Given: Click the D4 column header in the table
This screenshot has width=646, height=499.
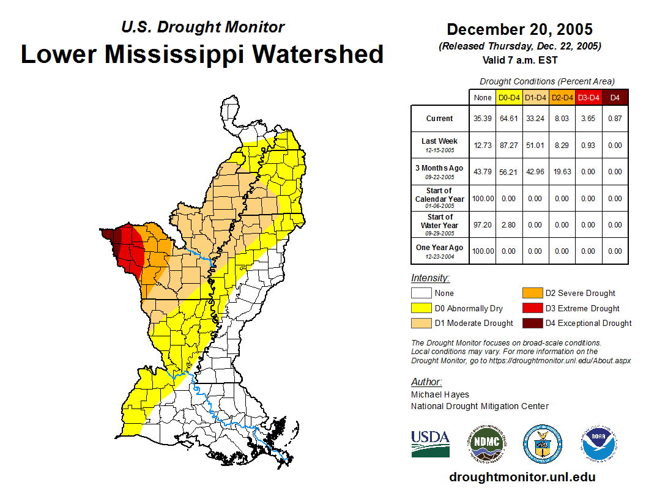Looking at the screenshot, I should pyautogui.click(x=615, y=98).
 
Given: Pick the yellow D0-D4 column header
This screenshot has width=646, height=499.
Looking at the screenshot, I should pyautogui.click(x=509, y=98).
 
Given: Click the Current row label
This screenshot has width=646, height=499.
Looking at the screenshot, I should pyautogui.click(x=440, y=119).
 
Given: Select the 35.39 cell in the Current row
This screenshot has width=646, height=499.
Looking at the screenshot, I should pyautogui.click(x=483, y=119).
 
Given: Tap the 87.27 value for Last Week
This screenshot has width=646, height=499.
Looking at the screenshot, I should pyautogui.click(x=509, y=146).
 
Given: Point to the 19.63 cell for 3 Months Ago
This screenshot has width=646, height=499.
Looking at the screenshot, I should pyautogui.click(x=562, y=172).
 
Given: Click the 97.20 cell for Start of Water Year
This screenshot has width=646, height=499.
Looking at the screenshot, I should pyautogui.click(x=483, y=225).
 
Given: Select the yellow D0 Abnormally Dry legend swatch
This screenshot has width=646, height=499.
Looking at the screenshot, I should pyautogui.click(x=421, y=308).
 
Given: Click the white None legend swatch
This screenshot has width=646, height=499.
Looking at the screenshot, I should pyautogui.click(x=421, y=294).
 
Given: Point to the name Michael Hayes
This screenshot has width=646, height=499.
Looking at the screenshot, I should pyautogui.click(x=440, y=394).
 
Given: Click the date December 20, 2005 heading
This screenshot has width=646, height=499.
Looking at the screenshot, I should pyautogui.click(x=519, y=29).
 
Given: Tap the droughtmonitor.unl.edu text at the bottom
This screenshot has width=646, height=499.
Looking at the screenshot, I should pyautogui.click(x=522, y=477).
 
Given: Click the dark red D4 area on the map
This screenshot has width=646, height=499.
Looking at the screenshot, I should pyautogui.click(x=109, y=235).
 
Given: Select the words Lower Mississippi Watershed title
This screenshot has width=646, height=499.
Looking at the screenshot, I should pyautogui.click(x=202, y=54).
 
